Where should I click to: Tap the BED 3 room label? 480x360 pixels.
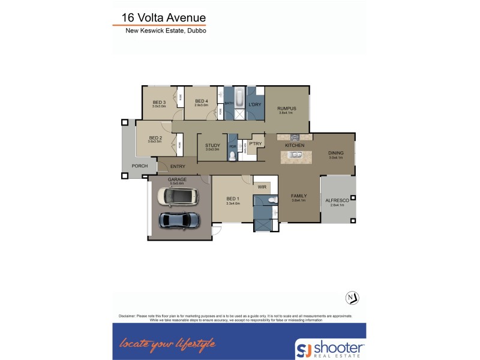coord(158,102)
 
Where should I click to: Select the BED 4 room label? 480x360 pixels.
coord(201,101)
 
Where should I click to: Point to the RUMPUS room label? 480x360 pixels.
coord(287,109)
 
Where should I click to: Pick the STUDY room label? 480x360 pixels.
coord(212,145)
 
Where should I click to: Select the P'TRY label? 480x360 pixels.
coord(255,143)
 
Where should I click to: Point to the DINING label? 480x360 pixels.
coord(335,153)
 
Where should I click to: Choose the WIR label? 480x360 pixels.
coord(262,187)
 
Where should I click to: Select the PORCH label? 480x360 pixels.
coord(140,166)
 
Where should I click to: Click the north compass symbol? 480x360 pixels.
coord(353,298)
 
